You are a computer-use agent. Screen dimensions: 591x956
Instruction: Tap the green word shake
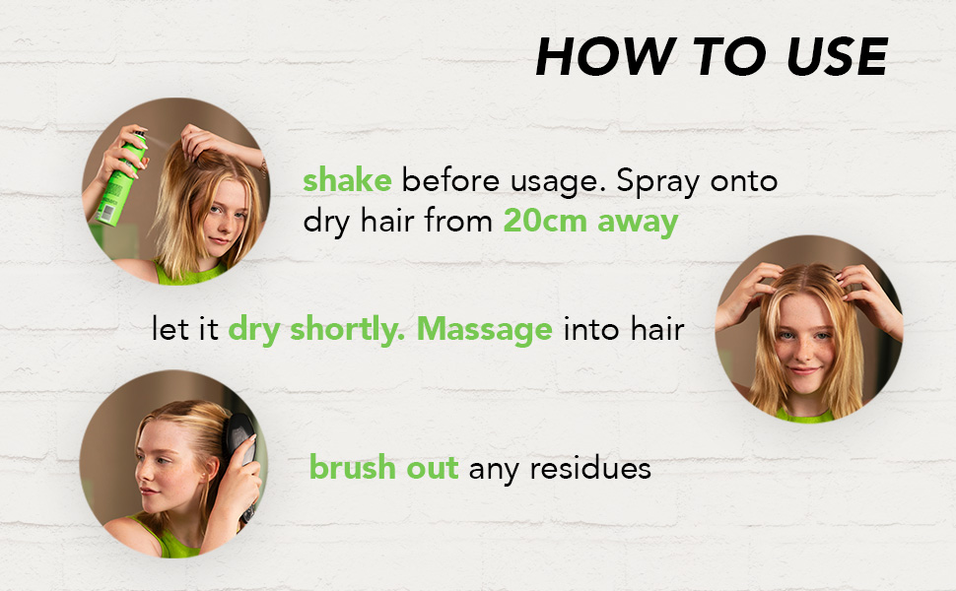347,181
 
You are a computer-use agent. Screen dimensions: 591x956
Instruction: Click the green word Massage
484,329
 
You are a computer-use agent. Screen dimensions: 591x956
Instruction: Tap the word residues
590,468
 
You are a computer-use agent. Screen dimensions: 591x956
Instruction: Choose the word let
170,329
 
